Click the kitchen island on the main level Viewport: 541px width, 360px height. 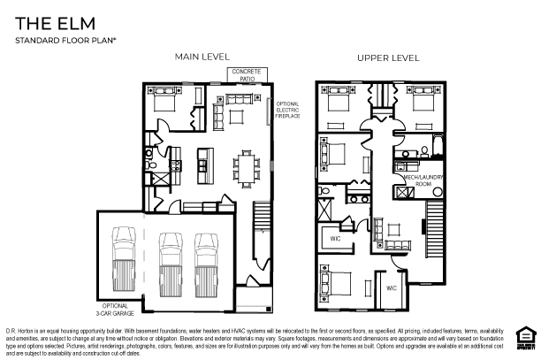click(x=205, y=162)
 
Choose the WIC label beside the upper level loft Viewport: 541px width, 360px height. click(x=336, y=237)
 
